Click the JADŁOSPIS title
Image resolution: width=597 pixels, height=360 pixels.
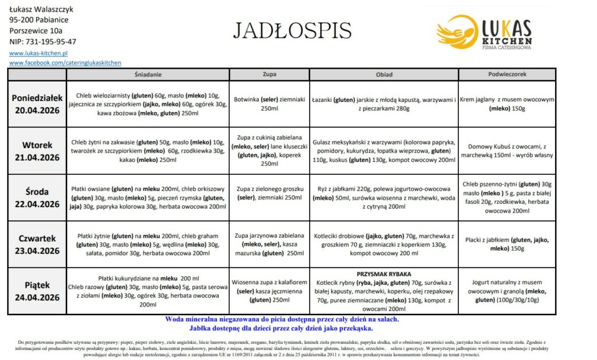tap(292, 30)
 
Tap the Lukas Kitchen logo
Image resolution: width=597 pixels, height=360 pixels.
tap(484, 33)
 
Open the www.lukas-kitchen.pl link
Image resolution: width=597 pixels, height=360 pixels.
tap(39, 52)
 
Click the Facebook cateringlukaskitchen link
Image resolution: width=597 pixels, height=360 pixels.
tap(65, 62)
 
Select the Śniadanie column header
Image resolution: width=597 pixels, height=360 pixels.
tap(148, 75)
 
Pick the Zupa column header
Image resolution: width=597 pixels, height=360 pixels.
tap(269, 75)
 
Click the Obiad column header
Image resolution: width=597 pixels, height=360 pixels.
tap(384, 75)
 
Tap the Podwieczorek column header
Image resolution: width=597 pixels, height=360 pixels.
tap(507, 75)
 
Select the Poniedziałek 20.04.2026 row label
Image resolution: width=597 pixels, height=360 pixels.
tap(37, 104)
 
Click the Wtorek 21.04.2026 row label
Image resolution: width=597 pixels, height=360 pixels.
tap(37, 151)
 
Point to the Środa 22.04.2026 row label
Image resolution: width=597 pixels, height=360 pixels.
tap(37, 197)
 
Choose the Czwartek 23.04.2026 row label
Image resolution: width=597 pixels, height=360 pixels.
tap(37, 245)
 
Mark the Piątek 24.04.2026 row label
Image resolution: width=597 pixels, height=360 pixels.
tap(37, 291)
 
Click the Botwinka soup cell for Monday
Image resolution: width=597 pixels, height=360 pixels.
tap(269, 104)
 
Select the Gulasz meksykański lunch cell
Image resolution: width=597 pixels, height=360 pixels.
tap(384, 151)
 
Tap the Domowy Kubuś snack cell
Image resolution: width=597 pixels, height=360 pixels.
tap(507, 151)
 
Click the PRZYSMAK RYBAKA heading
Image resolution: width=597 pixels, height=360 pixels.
tap(384, 274)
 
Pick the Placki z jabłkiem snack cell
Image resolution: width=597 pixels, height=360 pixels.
tap(507, 244)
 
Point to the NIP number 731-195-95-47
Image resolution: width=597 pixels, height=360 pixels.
tap(43, 42)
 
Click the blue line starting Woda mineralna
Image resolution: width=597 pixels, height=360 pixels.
tap(282, 319)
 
